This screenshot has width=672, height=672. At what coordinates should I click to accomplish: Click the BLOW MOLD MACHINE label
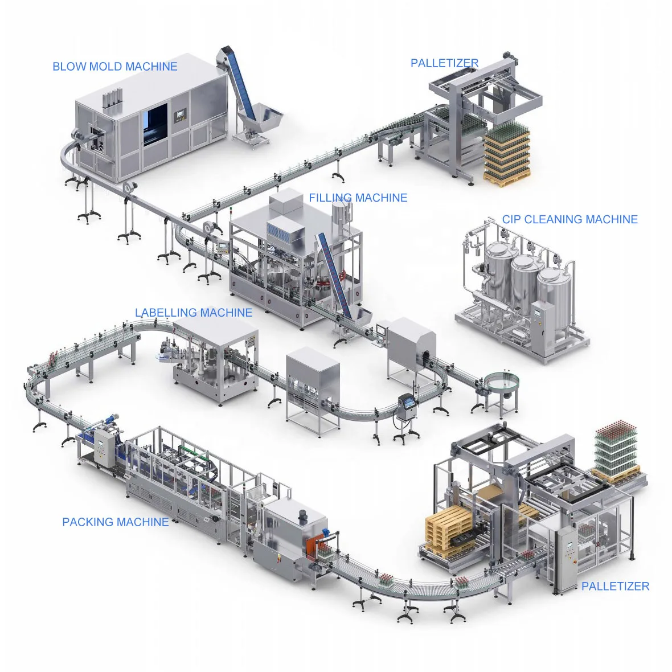click(114, 67)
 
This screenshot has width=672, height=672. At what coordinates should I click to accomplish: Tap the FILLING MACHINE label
click(358, 198)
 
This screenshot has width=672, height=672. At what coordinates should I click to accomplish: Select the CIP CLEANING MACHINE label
click(569, 219)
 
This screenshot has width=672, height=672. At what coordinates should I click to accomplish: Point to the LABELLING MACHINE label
click(193, 313)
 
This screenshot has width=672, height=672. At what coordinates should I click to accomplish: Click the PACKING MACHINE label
click(115, 522)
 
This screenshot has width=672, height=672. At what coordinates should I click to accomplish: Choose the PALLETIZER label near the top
click(444, 63)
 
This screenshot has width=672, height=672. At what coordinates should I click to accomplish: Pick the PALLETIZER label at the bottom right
click(615, 586)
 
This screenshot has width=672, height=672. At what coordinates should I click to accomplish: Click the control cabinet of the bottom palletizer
click(567, 558)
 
